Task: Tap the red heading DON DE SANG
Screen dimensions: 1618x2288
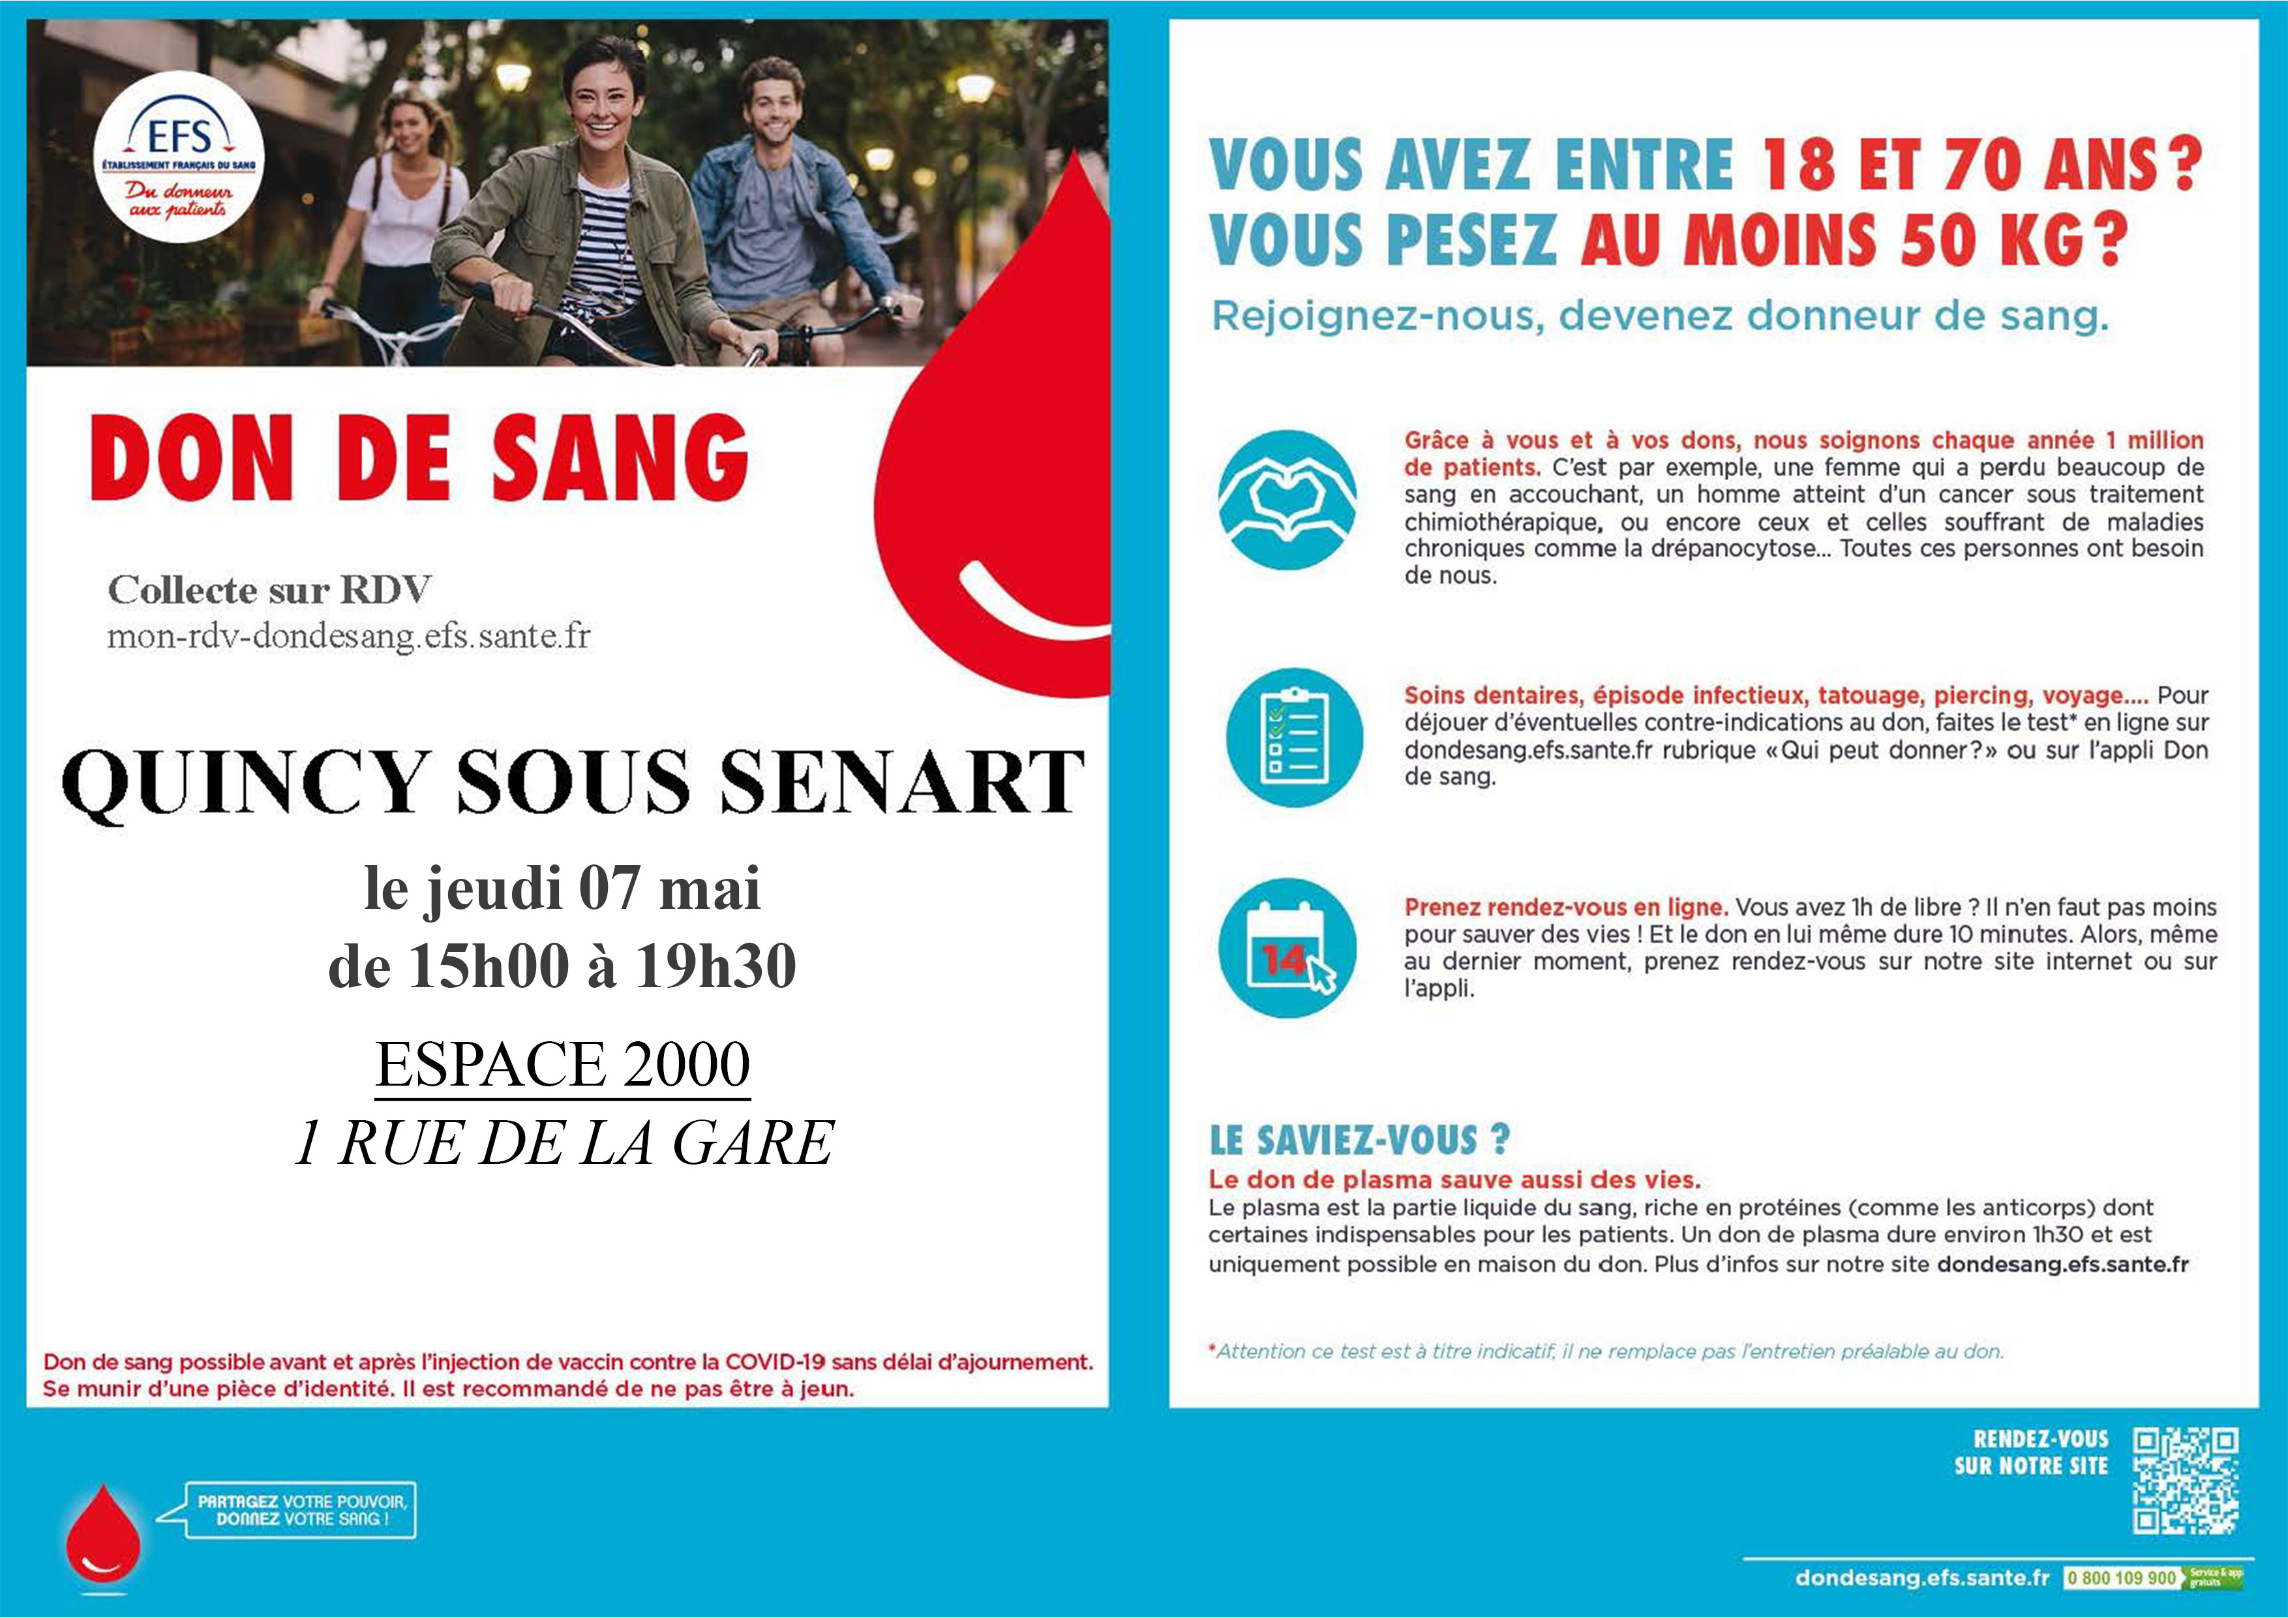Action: point(419,459)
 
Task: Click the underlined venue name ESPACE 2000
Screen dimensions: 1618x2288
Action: point(562,1065)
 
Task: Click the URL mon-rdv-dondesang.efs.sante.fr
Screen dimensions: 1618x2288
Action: point(349,636)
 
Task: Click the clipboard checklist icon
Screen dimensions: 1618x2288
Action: point(1293,737)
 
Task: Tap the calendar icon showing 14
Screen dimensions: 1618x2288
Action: point(1287,947)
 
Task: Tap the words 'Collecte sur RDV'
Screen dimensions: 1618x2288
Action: point(269,590)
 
